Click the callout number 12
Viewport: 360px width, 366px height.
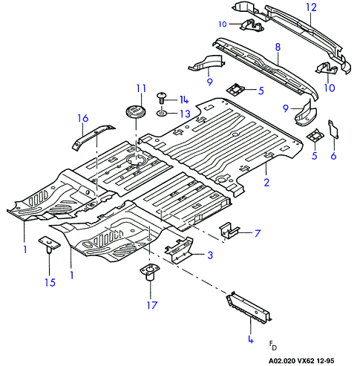tap(311, 7)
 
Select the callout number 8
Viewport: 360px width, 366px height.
tap(278, 47)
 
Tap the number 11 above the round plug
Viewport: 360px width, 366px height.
tap(141, 88)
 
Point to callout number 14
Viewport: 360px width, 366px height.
tap(184, 99)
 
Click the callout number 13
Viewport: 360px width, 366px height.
tap(186, 114)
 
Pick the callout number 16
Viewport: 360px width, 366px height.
tap(83, 118)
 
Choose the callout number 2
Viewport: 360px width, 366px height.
tap(266, 183)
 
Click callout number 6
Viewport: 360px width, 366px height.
tap(333, 156)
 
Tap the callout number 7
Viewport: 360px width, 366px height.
tap(258, 233)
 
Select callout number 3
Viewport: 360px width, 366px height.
tap(210, 255)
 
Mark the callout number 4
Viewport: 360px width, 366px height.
tap(251, 339)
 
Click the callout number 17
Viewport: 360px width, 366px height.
tap(152, 305)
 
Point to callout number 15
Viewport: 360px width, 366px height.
tap(50, 282)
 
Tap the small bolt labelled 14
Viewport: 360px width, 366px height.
tap(162, 97)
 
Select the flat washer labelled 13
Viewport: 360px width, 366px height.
tap(162, 114)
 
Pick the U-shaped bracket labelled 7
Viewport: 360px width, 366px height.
tap(229, 230)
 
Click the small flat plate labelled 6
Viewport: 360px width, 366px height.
tap(333, 129)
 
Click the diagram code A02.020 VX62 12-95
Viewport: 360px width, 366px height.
tap(301, 361)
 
